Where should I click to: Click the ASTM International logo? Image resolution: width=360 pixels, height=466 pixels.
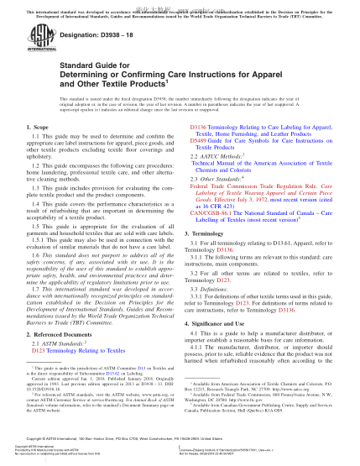pos(39,39)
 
